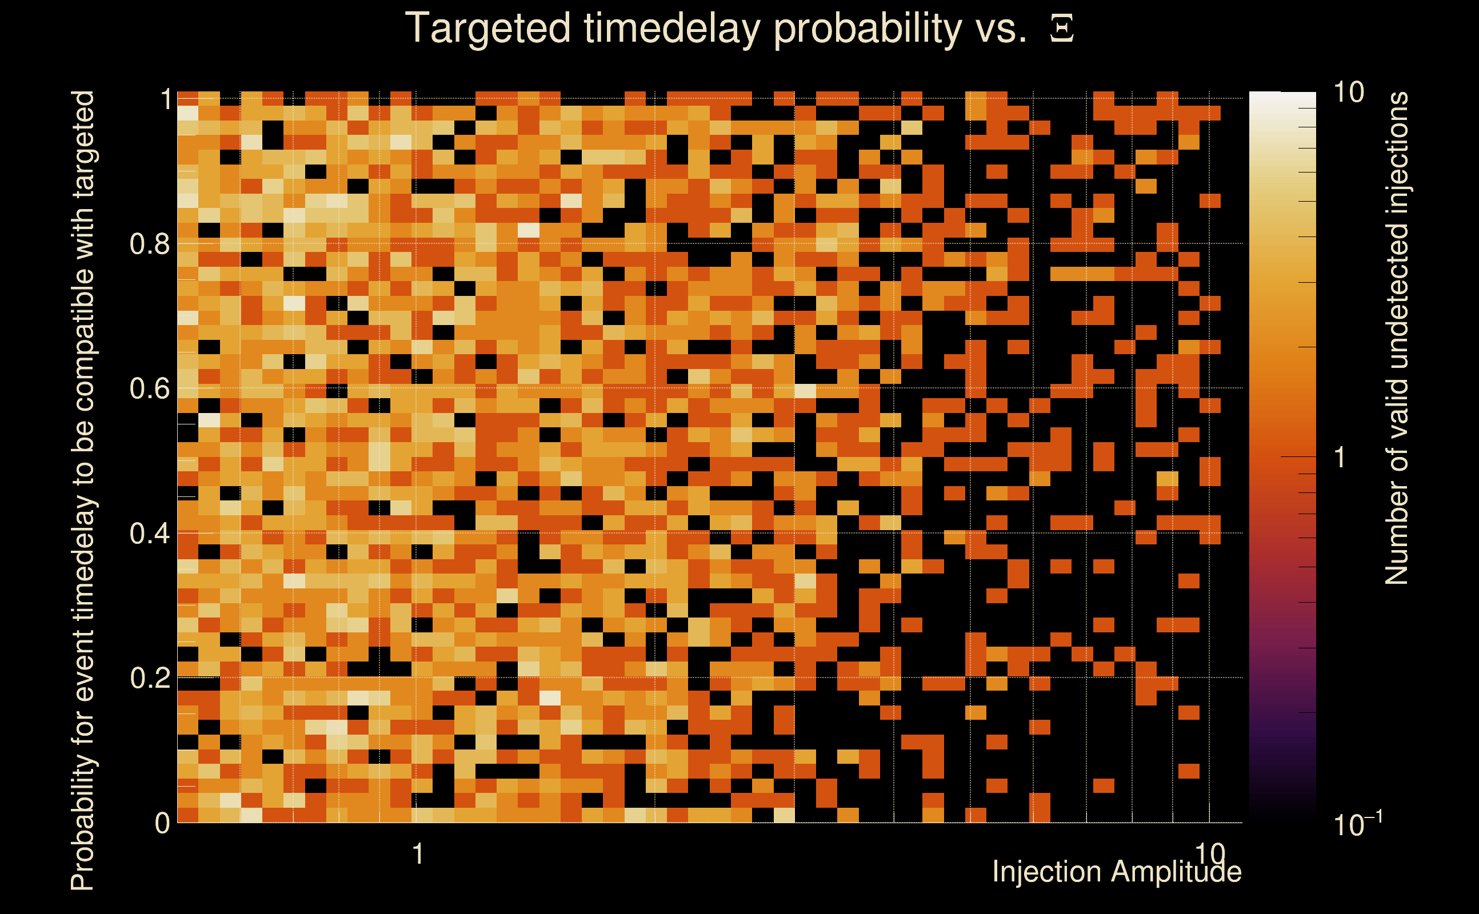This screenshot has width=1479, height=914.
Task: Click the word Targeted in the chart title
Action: pos(488,29)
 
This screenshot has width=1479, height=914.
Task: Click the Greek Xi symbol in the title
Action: pos(1062,29)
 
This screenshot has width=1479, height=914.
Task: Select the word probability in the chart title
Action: pos(868,29)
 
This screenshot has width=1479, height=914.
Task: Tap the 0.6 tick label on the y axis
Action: pos(149,388)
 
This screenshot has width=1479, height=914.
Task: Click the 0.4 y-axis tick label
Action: pos(149,533)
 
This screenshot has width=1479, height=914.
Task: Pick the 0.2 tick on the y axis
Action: pos(149,678)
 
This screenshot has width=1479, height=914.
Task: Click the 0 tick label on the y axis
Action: pos(162,823)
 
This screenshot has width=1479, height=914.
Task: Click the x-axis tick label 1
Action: pos(418,854)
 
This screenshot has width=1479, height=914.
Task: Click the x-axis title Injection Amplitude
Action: pos(1117,872)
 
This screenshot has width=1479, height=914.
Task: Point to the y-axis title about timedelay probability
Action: pos(83,490)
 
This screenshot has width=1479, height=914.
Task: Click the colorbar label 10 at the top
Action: pos(1348,93)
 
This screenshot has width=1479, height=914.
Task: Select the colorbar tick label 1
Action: pos(1340,458)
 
